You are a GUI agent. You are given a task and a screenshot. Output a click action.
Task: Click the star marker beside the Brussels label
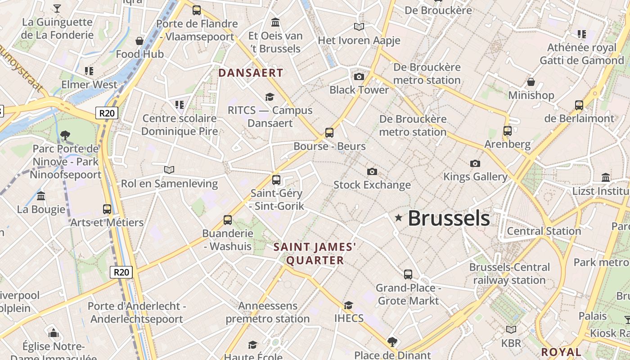click(398, 218)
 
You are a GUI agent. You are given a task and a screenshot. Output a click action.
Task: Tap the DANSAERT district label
click(251, 73)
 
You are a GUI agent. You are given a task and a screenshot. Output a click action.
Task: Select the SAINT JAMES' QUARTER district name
click(315, 253)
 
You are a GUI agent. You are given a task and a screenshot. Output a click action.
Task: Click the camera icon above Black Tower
click(359, 76)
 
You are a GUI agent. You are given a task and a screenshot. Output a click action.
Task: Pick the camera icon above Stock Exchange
click(372, 171)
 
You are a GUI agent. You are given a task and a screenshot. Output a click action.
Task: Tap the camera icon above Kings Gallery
click(475, 163)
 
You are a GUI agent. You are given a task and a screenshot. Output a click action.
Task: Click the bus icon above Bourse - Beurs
click(329, 133)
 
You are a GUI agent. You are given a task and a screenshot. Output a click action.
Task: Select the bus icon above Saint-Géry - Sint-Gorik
click(276, 180)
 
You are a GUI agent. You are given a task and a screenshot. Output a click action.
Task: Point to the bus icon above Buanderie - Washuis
click(228, 220)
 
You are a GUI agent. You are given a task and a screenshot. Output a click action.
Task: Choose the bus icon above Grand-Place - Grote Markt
click(408, 274)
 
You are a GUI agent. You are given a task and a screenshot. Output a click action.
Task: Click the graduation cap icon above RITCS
click(270, 97)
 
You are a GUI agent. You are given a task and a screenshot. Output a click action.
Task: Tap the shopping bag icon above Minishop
click(531, 82)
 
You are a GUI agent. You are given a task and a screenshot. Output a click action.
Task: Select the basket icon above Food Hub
click(139, 41)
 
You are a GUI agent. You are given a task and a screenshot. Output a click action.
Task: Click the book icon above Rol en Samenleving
click(169, 170)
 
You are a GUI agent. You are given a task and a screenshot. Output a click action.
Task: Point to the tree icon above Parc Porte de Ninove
click(65, 135)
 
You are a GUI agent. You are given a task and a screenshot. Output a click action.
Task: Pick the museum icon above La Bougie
click(41, 196)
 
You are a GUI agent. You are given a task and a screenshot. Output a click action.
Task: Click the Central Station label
click(544, 231)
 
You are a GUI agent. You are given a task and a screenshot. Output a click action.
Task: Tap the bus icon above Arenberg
click(508, 131)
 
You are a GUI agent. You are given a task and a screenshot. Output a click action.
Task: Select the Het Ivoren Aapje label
click(359, 40)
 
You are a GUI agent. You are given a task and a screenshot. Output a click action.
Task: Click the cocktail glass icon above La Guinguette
click(57, 9)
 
